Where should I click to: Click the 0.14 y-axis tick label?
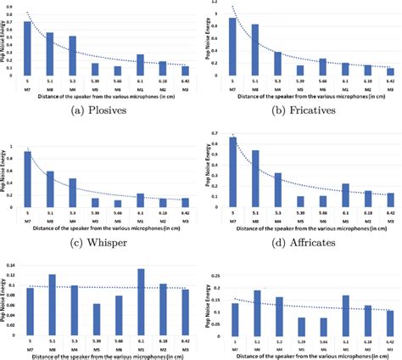(11, 267)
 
